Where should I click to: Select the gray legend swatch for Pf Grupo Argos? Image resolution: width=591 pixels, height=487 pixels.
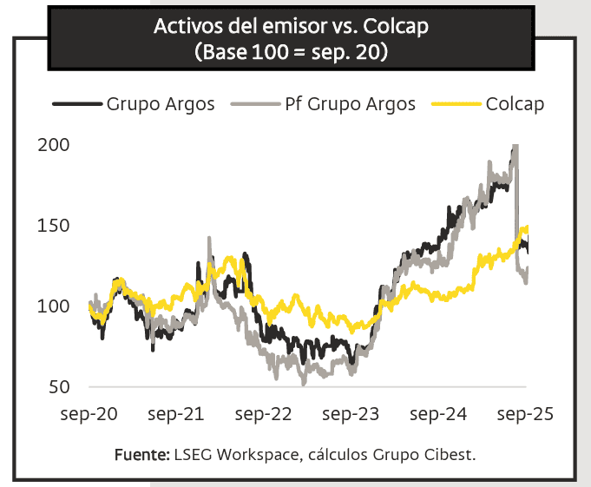(x=254, y=104)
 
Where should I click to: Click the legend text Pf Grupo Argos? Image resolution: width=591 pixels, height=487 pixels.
(x=350, y=104)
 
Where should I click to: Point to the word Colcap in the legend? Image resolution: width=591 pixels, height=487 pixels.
(x=515, y=104)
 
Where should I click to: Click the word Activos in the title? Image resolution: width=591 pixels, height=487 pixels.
(x=187, y=27)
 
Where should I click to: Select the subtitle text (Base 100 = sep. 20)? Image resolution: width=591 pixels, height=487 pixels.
(x=292, y=51)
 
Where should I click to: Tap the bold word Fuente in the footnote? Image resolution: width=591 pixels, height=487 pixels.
(x=141, y=454)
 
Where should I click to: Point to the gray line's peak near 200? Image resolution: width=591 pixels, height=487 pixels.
(x=515, y=147)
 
